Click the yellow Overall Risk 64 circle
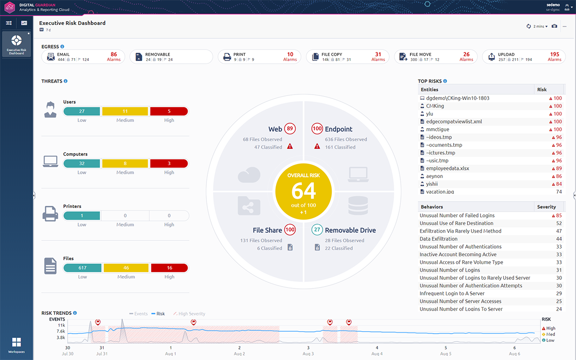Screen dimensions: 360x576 click(304, 191)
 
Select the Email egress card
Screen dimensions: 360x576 click(83, 57)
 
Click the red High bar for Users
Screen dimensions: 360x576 click(169, 111)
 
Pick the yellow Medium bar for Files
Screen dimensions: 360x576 click(126, 268)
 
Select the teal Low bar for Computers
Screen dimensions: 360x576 click(82, 164)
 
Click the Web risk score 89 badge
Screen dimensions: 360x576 click(289, 129)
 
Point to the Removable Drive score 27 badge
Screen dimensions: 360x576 click(317, 230)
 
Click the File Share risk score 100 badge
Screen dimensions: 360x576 click(290, 230)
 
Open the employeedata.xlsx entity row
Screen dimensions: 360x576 click(447, 168)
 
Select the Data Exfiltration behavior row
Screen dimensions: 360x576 click(439, 239)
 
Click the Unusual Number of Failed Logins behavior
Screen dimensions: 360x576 click(457, 216)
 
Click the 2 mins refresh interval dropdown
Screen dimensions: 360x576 click(540, 26)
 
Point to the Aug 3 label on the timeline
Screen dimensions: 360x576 click(308, 354)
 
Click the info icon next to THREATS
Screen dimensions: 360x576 click(65, 81)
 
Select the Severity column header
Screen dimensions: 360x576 click(546, 207)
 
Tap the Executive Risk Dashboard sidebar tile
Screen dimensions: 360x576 click(17, 44)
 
